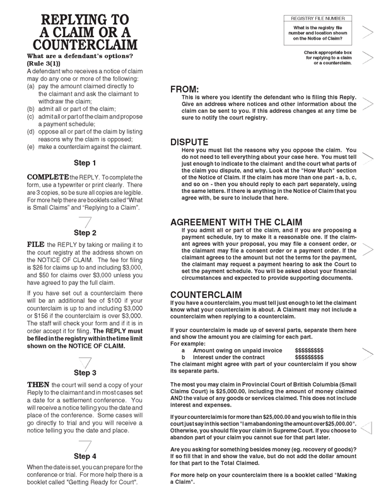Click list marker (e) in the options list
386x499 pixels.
tap(30, 147)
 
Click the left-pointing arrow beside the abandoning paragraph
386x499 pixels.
tap(368, 428)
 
